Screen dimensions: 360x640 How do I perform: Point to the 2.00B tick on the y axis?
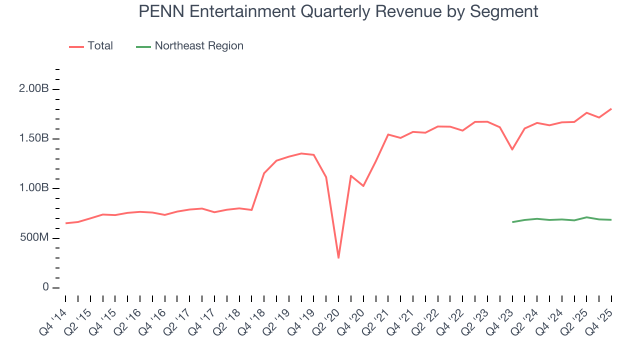point(34,89)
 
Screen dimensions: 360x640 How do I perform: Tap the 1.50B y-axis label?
point(34,139)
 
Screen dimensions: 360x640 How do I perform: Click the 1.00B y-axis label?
point(34,188)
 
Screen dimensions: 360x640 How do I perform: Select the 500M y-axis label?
point(33,238)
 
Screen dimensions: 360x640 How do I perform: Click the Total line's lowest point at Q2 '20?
point(338,258)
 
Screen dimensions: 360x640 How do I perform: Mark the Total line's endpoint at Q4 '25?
point(611,109)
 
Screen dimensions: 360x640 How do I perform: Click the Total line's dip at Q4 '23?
point(512,149)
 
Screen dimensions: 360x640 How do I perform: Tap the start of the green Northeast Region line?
point(512,222)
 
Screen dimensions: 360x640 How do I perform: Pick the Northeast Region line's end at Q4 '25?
point(611,220)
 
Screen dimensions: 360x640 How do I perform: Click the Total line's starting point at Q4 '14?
point(65,223)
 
